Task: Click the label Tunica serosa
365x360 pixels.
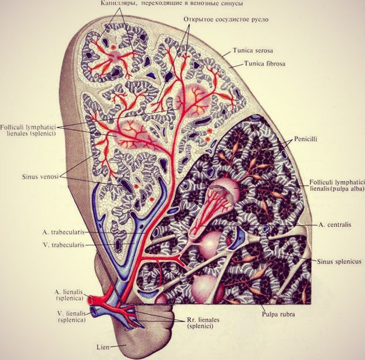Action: [x=253, y=51]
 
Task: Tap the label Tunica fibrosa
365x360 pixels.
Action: [x=265, y=63]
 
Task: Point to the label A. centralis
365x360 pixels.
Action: [x=335, y=225]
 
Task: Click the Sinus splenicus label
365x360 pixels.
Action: [x=339, y=262]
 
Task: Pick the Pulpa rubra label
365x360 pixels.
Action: [x=279, y=314]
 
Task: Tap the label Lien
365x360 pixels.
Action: [x=103, y=347]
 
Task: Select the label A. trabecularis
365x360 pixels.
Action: [x=63, y=232]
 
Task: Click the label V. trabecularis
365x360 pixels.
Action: [x=63, y=245]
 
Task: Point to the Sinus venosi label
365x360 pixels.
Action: [x=40, y=176]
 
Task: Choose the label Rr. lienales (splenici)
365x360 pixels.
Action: [x=203, y=323]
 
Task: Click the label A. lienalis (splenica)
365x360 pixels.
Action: [x=69, y=295]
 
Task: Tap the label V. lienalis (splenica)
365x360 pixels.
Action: [x=71, y=317]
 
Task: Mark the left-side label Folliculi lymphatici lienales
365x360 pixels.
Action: [x=28, y=130]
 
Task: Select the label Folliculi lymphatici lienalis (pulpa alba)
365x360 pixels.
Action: [x=337, y=185]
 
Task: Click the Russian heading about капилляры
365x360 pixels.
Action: [x=172, y=4]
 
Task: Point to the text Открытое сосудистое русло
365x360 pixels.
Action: [x=226, y=19]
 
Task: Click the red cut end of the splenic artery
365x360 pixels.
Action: [x=90, y=300]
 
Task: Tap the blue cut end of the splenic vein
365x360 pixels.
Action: [x=94, y=311]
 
